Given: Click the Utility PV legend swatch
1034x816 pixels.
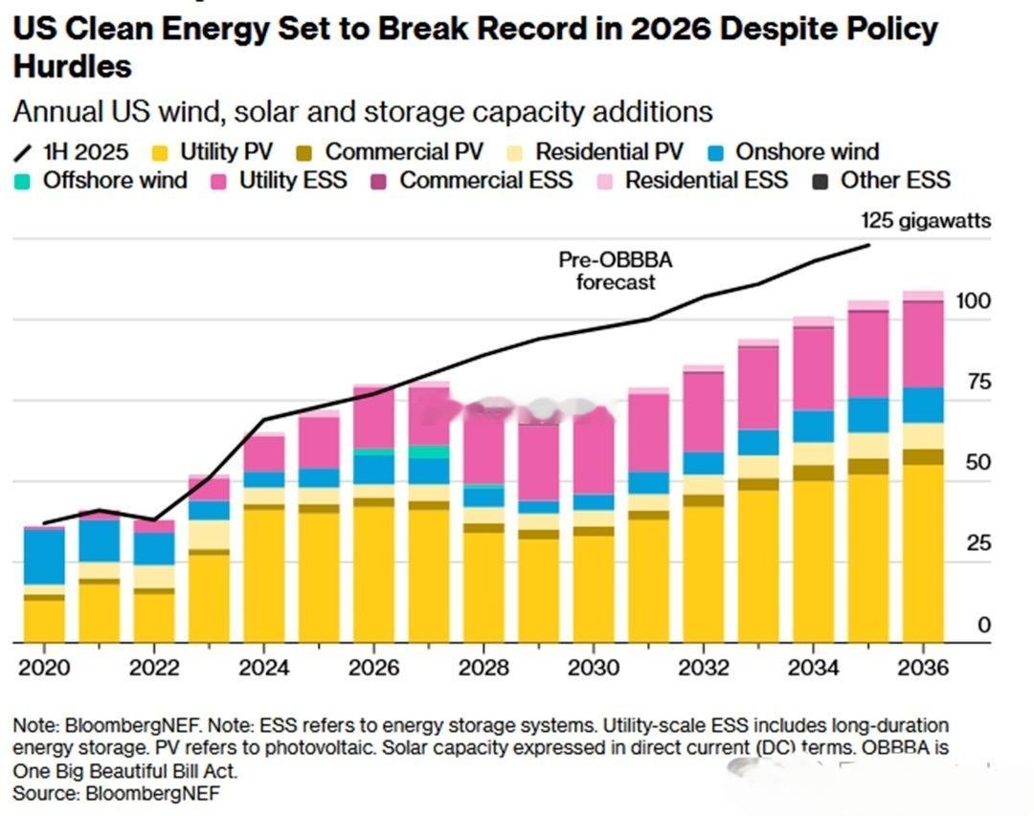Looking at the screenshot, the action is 160,154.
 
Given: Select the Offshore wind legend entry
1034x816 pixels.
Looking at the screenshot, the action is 101,180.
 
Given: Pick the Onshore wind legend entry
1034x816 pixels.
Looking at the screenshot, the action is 794,151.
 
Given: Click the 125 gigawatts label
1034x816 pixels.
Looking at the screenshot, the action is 926,221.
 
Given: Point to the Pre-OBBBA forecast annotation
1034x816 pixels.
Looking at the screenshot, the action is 616,271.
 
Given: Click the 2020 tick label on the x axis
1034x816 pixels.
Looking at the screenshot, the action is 44,668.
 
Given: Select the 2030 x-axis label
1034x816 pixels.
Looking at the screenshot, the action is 594,668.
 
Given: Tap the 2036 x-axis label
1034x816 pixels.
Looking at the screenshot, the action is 923,668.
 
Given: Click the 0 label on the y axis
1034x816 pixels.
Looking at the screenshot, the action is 984,624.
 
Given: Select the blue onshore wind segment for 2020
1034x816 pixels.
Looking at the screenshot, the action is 44,557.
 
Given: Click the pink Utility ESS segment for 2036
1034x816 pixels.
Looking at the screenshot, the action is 923,344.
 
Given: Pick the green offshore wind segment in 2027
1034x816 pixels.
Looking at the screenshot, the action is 429,452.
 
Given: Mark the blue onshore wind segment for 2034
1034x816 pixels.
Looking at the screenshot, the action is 813,427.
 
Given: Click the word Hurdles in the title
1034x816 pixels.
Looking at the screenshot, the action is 73,67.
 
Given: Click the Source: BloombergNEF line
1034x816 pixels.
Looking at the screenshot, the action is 116,793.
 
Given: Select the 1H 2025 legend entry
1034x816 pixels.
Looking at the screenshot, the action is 71,152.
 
